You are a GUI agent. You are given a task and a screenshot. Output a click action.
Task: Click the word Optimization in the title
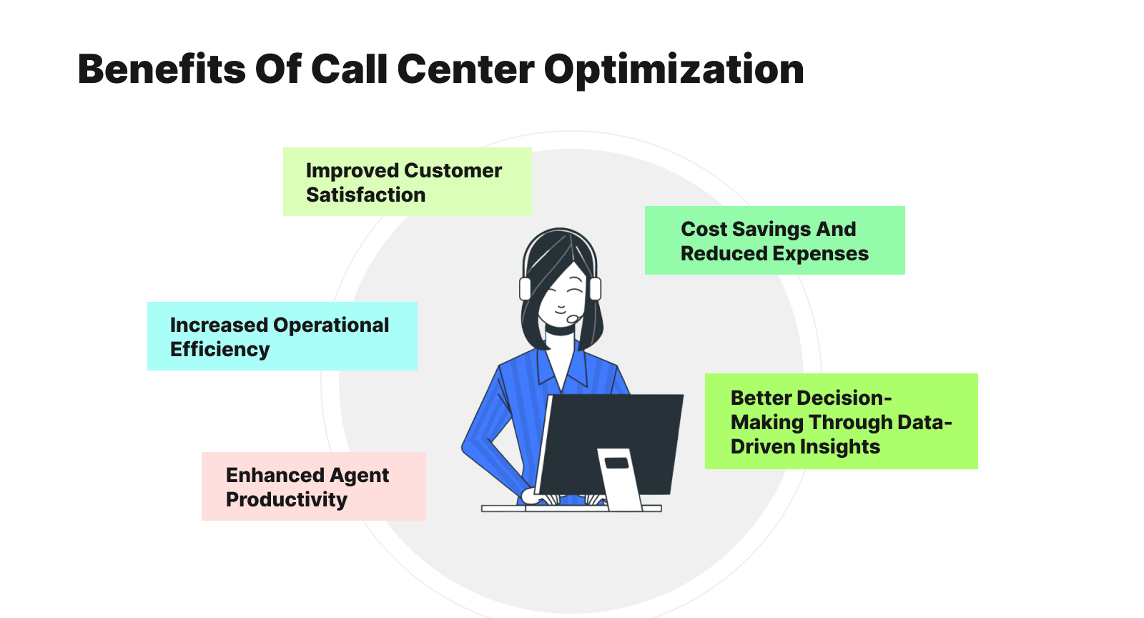pyautogui.click(x=674, y=70)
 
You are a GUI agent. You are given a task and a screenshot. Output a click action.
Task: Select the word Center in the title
pyautogui.click(x=465, y=70)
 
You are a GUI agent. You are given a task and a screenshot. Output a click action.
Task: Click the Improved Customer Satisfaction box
pyautogui.click(x=407, y=182)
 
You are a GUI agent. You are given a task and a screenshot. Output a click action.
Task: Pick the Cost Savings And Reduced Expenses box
pyautogui.click(x=774, y=240)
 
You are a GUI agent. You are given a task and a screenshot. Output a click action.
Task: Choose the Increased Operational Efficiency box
pyautogui.click(x=282, y=336)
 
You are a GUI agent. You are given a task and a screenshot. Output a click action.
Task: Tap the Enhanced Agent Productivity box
pyautogui.click(x=313, y=486)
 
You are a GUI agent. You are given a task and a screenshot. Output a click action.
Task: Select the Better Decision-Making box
pyautogui.click(x=841, y=421)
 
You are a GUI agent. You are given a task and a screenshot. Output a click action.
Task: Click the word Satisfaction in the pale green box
pyautogui.click(x=365, y=195)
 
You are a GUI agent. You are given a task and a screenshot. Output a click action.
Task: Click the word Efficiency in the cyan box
pyautogui.click(x=220, y=349)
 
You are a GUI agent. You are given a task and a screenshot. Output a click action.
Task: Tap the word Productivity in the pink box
pyautogui.click(x=286, y=499)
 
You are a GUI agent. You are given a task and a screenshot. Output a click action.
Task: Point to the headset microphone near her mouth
pyautogui.click(x=573, y=319)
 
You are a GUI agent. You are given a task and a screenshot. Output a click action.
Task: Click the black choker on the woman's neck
pyautogui.click(x=560, y=330)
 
